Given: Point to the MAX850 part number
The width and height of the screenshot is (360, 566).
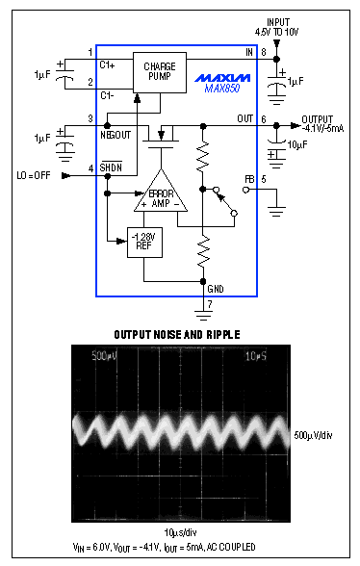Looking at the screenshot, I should [223, 89].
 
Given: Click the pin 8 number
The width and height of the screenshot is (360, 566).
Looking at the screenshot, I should [262, 52].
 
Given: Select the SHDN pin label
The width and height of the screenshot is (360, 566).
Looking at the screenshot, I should [113, 169].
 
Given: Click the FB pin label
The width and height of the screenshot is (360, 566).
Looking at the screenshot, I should [249, 178].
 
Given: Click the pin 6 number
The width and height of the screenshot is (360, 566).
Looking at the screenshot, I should [262, 118].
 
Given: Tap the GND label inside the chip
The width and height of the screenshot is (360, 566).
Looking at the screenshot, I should [216, 287].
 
